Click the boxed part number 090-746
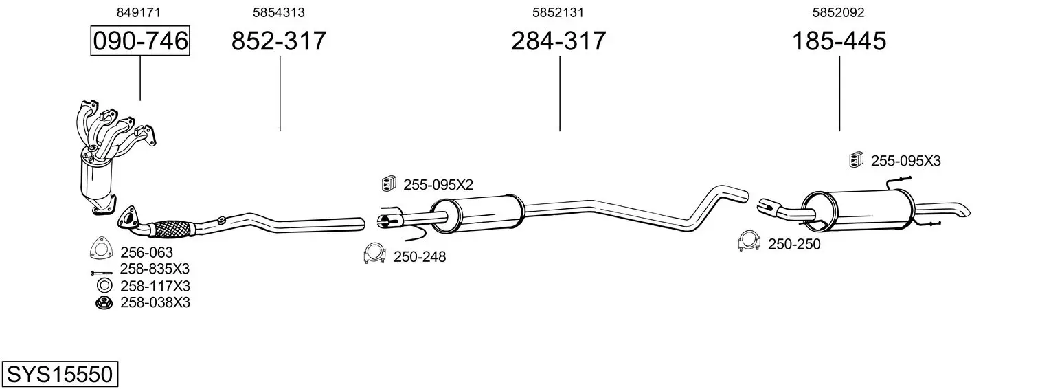point(140,41)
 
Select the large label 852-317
point(279,41)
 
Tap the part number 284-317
point(558,41)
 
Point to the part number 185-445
point(839,41)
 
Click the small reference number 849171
point(138,12)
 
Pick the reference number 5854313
point(279,12)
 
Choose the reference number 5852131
point(558,12)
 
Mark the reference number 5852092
point(839,12)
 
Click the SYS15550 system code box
point(60,374)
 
